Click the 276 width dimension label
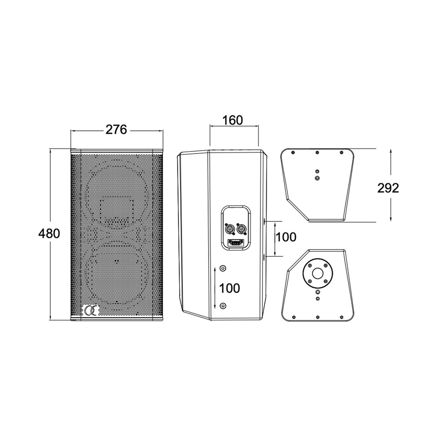click(116, 130)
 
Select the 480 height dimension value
click(49, 233)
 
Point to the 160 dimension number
click(232, 120)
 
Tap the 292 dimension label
click(388, 188)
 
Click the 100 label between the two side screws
click(229, 288)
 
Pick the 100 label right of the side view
click(286, 237)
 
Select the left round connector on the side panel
click(228, 229)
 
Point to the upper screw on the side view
click(223, 268)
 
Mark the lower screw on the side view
click(223, 306)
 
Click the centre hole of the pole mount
click(318, 273)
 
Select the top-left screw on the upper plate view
click(293, 152)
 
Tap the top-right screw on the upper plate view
click(342, 152)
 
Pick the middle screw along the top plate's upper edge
click(318, 152)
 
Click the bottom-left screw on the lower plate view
click(294, 317)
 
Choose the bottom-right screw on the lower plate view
click(341, 317)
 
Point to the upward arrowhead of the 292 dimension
click(391, 151)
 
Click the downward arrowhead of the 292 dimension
click(391, 218)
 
